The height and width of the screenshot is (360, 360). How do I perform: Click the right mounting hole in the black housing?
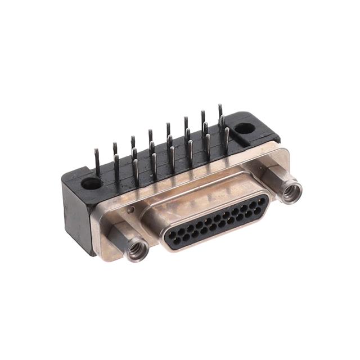click(x=245, y=128)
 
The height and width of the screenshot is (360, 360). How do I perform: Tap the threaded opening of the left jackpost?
click(x=136, y=250)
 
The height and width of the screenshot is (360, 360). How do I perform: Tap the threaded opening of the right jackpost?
click(x=291, y=193)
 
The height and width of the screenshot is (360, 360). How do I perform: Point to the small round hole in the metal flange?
click(x=130, y=210)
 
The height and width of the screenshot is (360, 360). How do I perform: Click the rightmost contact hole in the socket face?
click(x=262, y=200)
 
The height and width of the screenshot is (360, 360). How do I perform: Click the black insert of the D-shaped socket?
click(x=214, y=222)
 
